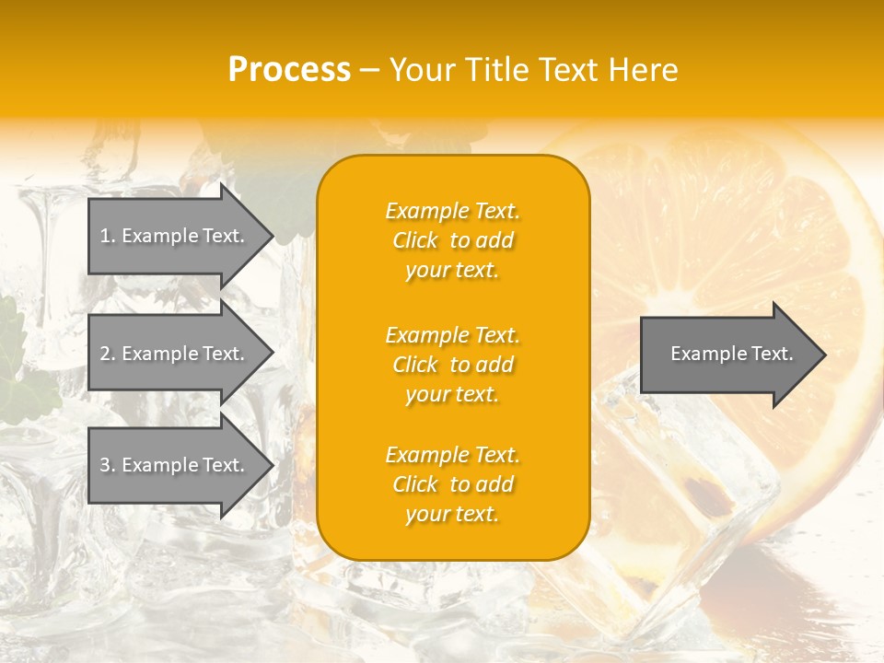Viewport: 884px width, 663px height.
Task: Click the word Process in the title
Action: (x=289, y=70)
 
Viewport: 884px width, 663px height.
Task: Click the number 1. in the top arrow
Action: (x=108, y=236)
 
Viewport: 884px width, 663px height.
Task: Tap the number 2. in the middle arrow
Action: (x=108, y=354)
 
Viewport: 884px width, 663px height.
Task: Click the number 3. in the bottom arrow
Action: (x=108, y=465)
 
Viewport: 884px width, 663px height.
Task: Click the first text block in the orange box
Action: (x=452, y=240)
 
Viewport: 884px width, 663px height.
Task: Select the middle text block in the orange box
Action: (x=452, y=364)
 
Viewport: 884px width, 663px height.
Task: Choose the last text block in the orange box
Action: (x=452, y=484)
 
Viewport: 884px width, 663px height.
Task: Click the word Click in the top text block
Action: (x=415, y=240)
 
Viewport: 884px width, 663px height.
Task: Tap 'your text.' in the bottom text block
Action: (x=452, y=514)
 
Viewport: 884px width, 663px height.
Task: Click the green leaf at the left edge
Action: (x=28, y=387)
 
